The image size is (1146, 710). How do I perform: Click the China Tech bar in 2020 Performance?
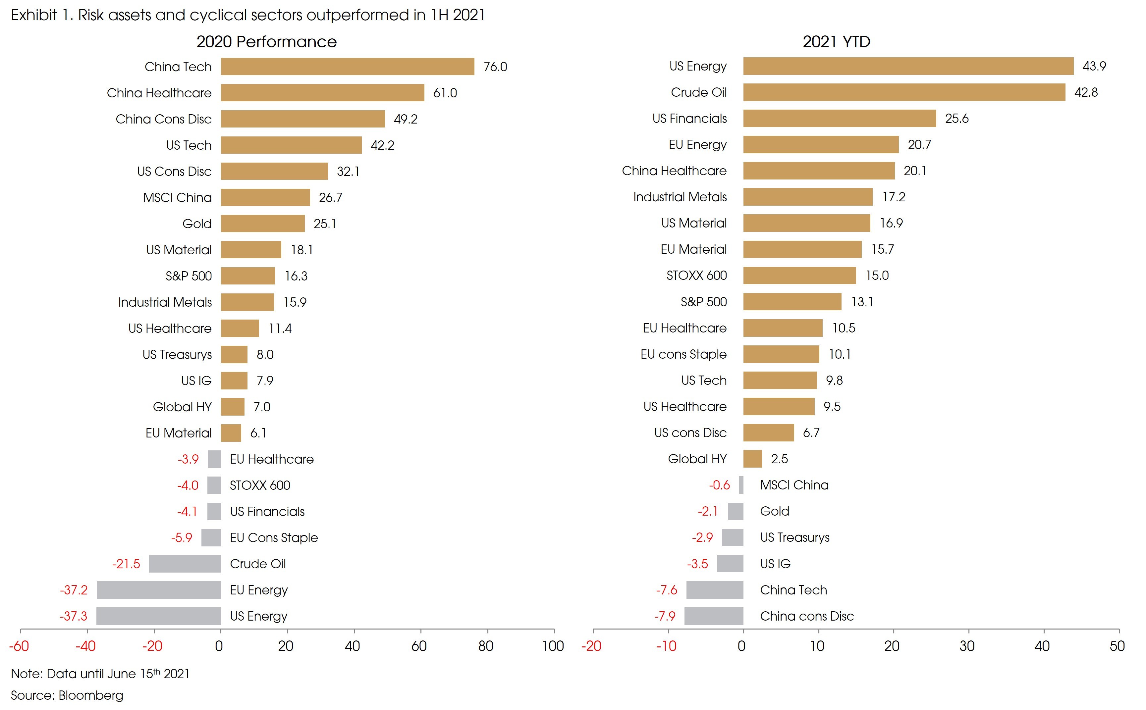348,66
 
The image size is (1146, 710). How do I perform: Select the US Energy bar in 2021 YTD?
908,66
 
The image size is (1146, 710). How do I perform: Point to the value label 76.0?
495,67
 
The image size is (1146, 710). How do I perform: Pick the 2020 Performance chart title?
266,41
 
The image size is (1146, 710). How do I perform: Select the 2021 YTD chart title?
836,41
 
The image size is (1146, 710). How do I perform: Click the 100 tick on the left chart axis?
553,646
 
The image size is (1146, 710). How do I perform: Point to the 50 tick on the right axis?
1117,646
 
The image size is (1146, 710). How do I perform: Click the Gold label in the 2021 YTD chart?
775,511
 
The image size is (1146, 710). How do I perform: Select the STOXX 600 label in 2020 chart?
260,485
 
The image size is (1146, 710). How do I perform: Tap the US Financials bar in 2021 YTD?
839,118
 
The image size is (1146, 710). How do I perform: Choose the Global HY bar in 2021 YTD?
752,459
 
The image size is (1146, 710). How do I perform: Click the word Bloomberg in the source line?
91,695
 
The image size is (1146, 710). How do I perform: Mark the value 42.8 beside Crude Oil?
1086,92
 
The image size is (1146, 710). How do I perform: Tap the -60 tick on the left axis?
19,646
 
